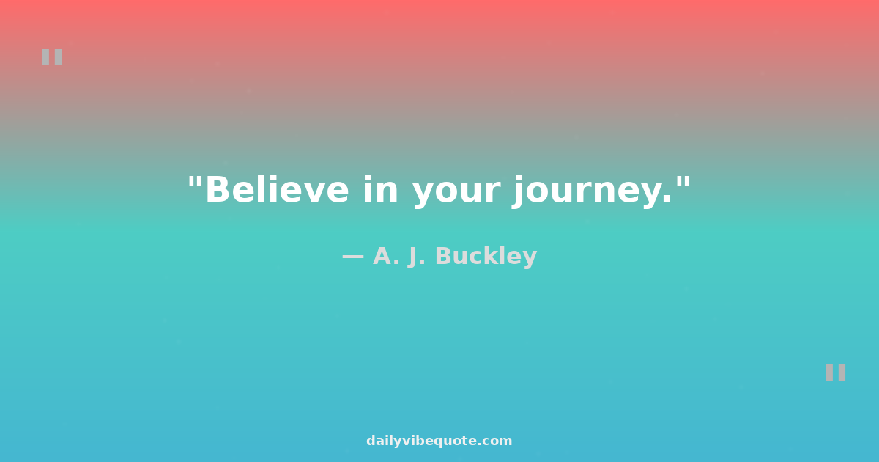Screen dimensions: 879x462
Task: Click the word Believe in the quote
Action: pos(277,189)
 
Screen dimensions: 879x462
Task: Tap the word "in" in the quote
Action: pos(381,189)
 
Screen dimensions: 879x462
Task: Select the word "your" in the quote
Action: pos(456,194)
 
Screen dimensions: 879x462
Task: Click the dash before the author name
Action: pos(353,257)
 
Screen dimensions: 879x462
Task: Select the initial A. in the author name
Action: pos(386,256)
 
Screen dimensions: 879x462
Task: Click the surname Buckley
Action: pos(486,257)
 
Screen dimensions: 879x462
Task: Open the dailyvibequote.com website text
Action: pos(439,441)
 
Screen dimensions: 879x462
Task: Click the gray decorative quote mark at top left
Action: pos(52,57)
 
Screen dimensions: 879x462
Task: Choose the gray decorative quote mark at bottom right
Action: pos(836,373)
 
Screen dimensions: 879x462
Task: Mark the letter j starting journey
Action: pos(519,192)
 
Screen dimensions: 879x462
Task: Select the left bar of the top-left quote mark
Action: pos(45,57)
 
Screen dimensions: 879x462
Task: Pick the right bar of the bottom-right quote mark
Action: pos(842,373)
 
